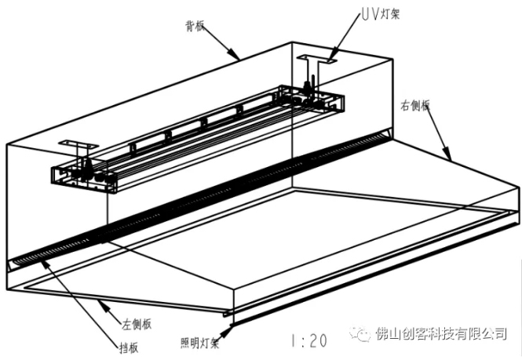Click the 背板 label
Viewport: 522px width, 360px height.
coord(195,25)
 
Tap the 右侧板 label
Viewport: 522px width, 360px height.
coord(414,107)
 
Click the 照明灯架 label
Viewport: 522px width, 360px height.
coord(199,343)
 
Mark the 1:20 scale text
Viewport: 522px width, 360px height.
coord(308,341)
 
